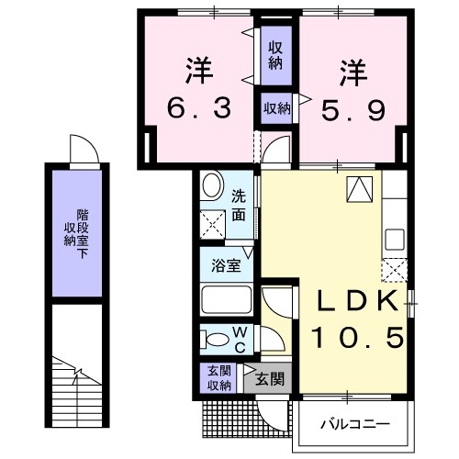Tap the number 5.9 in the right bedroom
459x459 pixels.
(352, 110)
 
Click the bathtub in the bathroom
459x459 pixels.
(225, 300)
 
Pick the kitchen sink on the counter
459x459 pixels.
(395, 238)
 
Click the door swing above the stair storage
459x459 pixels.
(81, 149)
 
